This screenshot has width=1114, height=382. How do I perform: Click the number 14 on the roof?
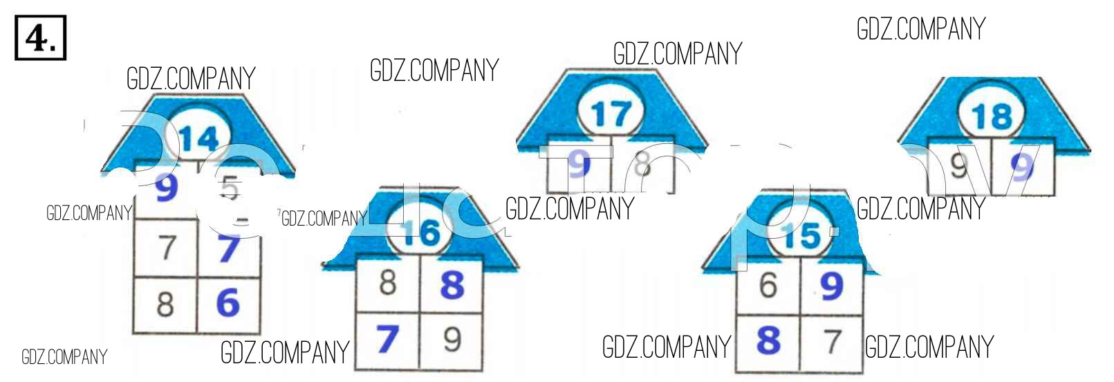coord(199,139)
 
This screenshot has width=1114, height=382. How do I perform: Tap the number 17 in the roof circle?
coord(611,114)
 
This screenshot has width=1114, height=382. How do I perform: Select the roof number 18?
coord(992,116)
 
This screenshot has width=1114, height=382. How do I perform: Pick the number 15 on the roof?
coord(802,236)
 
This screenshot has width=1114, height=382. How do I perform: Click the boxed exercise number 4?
coord(41,38)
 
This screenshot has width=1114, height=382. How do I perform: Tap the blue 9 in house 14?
coord(166,187)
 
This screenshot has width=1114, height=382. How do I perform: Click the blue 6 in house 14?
coord(228,303)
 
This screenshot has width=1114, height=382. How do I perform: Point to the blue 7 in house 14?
coord(229,248)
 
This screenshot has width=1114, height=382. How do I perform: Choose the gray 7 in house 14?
coord(167,248)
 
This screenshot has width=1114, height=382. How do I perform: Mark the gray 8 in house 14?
coord(165,304)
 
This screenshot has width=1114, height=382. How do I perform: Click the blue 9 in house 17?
coord(579,165)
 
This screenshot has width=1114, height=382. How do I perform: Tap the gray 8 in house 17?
coord(642,165)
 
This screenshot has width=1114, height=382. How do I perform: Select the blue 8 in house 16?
coord(452,284)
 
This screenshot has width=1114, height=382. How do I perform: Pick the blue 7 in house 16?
coord(387,339)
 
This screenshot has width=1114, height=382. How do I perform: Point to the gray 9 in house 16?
coord(452,339)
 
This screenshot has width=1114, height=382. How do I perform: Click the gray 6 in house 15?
coord(768,285)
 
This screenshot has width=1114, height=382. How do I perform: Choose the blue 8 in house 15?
coord(768,341)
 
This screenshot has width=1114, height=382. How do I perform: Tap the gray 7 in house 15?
coord(833,341)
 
